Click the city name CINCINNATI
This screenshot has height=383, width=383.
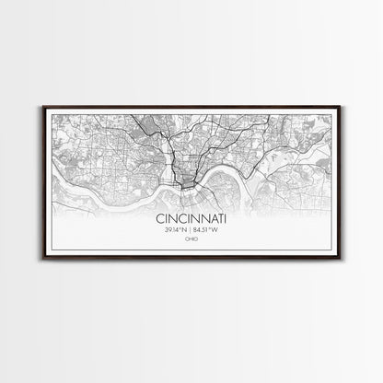pos(191,222)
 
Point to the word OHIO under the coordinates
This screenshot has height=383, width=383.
pos(191,243)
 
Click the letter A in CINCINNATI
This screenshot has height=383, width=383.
pos(212,222)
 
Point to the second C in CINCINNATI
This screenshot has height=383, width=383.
pos(179,222)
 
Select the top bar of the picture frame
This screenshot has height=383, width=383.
pos(191,107)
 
